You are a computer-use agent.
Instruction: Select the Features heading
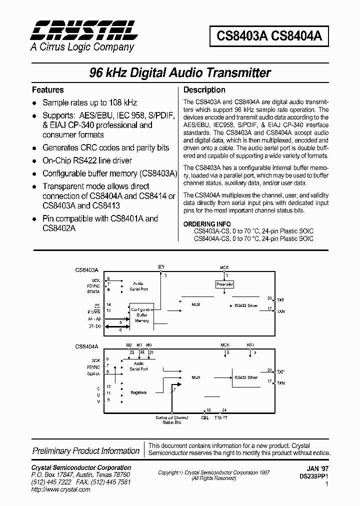click(x=48, y=90)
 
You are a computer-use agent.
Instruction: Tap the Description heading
click(x=204, y=90)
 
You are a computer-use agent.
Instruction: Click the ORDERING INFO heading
click(x=207, y=224)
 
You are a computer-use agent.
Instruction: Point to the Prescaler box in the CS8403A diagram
click(x=224, y=284)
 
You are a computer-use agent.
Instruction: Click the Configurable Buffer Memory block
click(x=142, y=315)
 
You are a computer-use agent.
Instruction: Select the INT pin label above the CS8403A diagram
click(x=161, y=268)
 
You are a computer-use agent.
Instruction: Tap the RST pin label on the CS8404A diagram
click(x=250, y=344)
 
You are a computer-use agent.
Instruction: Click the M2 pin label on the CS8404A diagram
click(x=129, y=345)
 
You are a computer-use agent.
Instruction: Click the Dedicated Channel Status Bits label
click(x=171, y=419)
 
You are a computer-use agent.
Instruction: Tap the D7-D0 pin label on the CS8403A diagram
click(x=94, y=326)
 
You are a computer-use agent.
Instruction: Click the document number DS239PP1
click(x=316, y=477)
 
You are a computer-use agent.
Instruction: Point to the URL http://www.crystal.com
click(x=60, y=489)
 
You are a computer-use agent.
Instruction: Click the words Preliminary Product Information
click(x=86, y=450)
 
